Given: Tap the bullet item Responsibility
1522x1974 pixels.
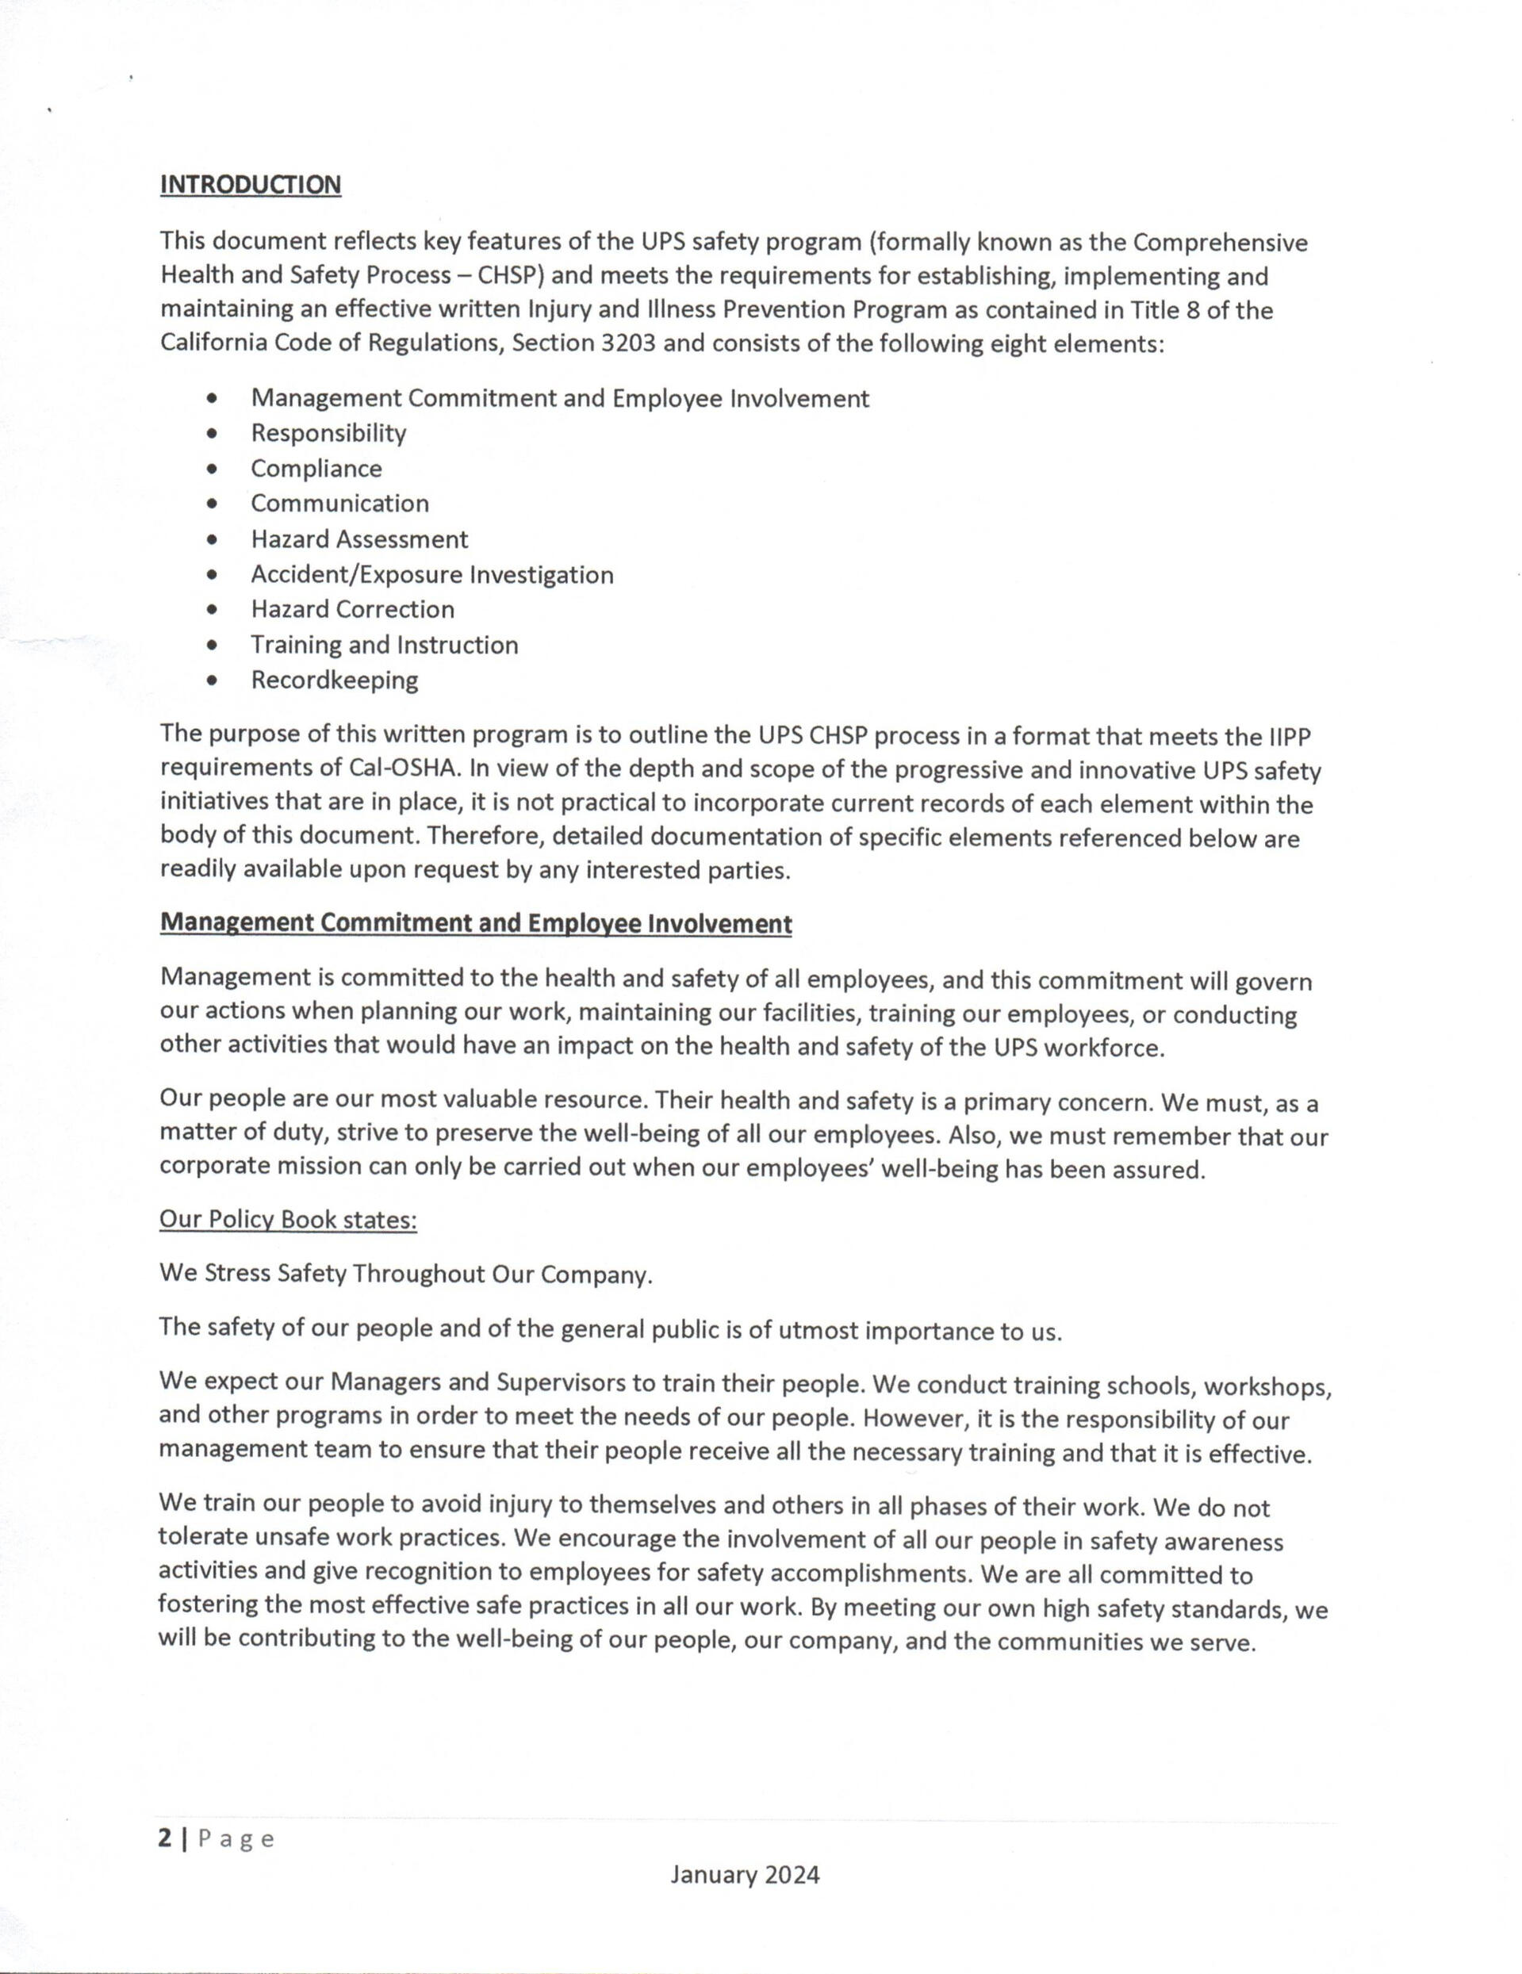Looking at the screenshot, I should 328,433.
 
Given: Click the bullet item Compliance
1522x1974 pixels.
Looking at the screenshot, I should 316,468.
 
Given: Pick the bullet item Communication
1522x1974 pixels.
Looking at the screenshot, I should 339,504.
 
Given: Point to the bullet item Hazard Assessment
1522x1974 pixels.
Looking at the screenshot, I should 358,539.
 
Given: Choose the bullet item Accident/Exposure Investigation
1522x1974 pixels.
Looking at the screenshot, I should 432,575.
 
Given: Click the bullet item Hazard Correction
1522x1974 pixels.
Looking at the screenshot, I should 352,609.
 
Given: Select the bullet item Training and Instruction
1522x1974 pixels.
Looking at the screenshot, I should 384,645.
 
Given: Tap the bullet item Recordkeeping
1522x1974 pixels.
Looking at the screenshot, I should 335,680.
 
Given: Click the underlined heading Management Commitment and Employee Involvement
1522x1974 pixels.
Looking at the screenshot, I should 475,924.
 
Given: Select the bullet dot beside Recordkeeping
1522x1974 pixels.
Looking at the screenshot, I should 212,680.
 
